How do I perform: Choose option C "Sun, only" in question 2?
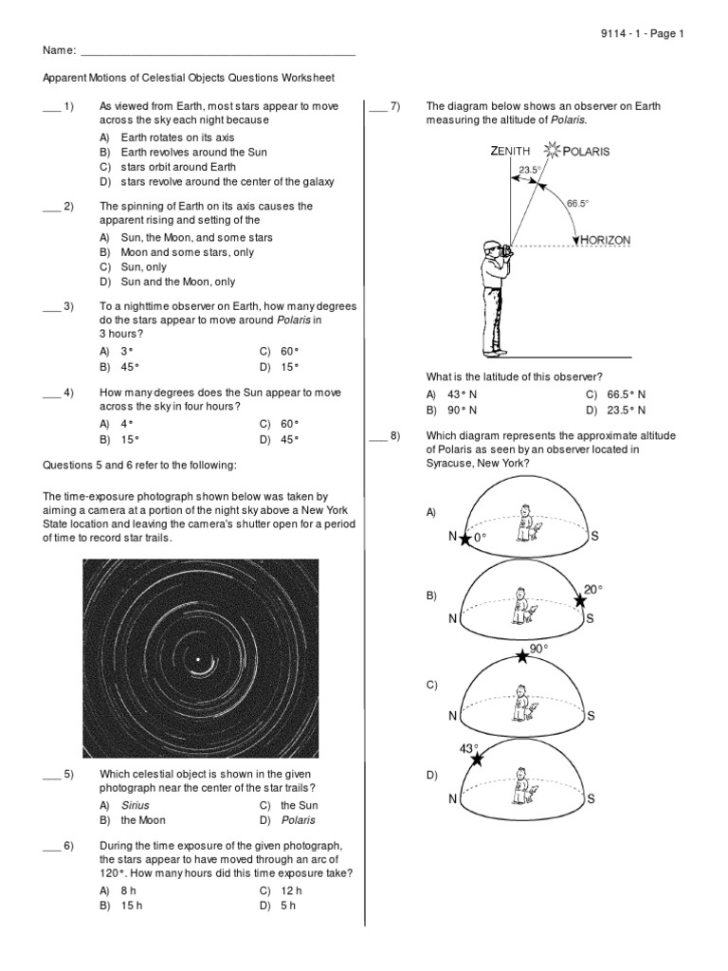coord(142,267)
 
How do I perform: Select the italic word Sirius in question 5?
coord(135,805)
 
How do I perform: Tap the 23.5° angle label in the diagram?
coord(529,170)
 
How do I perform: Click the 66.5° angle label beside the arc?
coord(578,203)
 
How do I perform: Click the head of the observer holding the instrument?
coord(490,248)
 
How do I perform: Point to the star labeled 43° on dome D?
coord(475,759)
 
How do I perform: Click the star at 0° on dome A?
coord(464,539)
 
